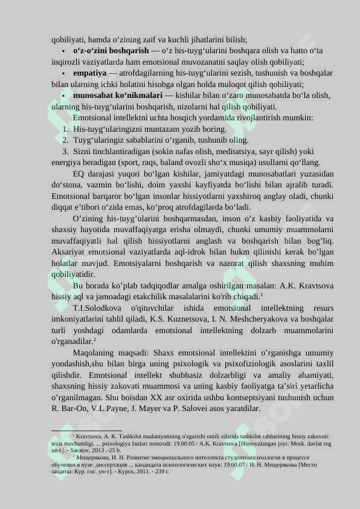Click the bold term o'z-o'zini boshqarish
(x=111, y=51)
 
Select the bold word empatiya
(x=89, y=73)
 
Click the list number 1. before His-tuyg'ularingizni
(x=66, y=129)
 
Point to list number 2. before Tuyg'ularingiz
(x=66, y=140)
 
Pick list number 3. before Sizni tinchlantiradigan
(x=66, y=151)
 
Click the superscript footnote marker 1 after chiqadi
(x=261, y=294)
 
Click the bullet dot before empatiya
(x=63, y=73)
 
